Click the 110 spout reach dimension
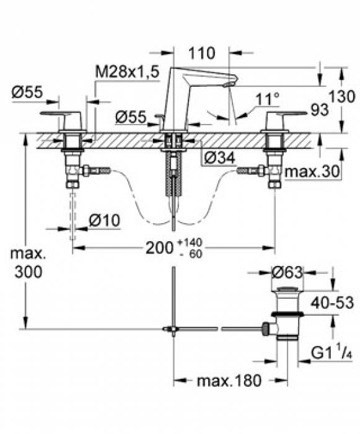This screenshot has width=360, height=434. [201, 53]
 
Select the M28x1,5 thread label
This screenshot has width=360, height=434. [127, 72]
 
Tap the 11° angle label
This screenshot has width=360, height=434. [267, 99]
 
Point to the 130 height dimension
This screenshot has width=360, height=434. [342, 97]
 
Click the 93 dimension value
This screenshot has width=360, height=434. [320, 110]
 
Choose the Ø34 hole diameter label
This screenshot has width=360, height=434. [220, 158]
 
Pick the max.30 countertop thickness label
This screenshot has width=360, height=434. [312, 171]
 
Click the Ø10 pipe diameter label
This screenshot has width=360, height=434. [105, 220]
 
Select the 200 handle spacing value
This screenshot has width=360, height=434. [159, 247]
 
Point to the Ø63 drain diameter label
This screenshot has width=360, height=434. [288, 273]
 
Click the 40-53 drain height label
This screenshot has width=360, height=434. [332, 303]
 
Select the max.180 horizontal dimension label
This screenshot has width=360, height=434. [229, 380]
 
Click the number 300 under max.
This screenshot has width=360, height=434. [29, 272]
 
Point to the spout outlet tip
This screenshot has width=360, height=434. [228, 84]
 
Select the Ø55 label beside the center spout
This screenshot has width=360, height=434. [131, 117]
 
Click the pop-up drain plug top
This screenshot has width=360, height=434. [288, 290]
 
